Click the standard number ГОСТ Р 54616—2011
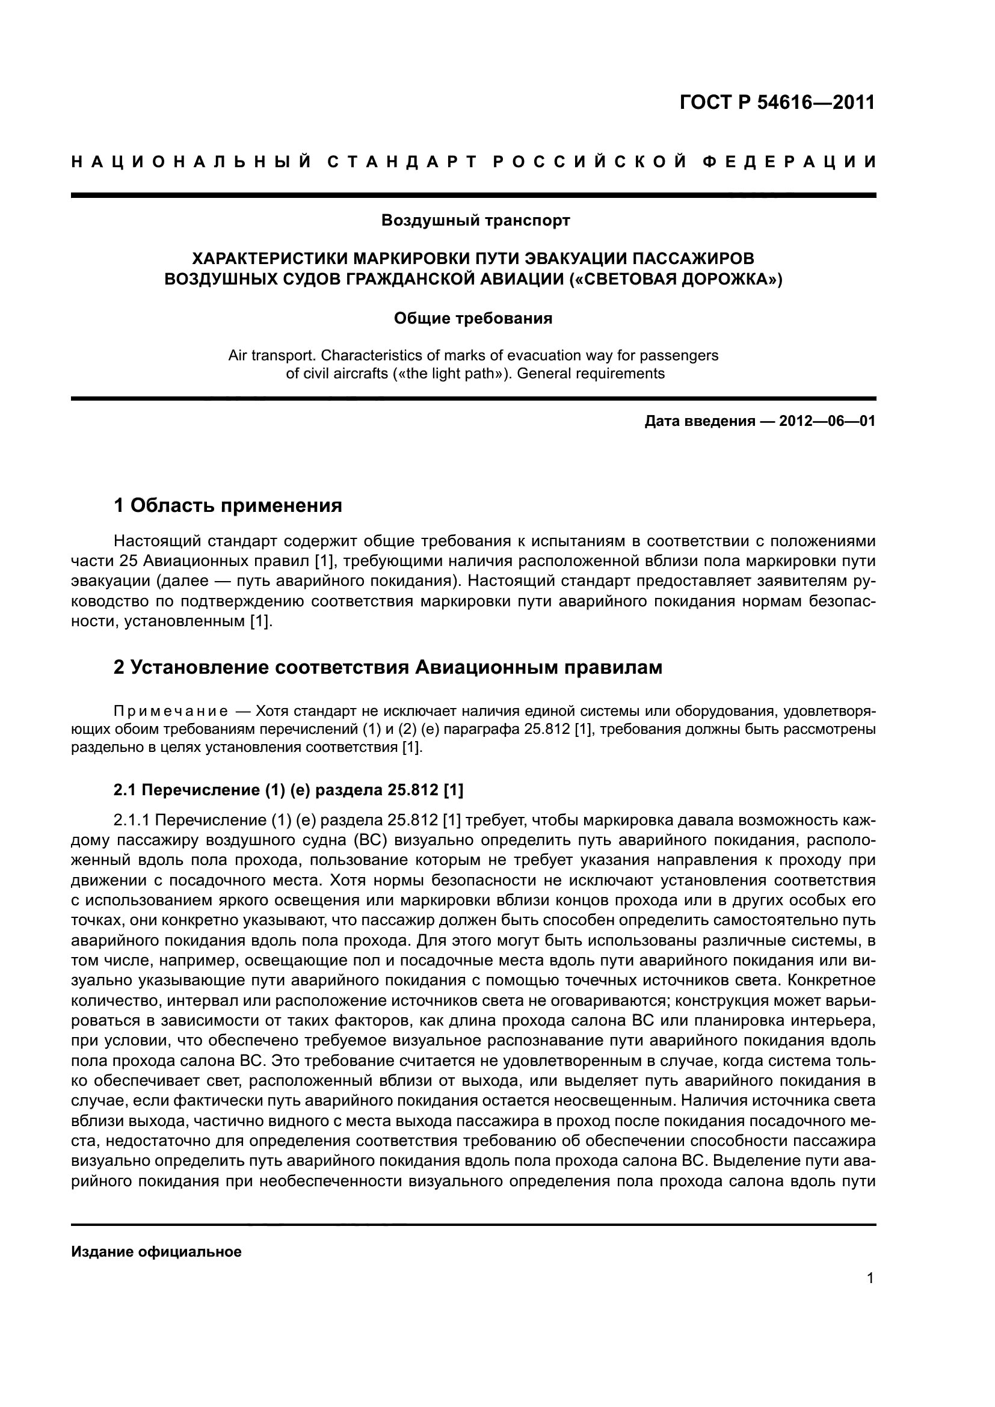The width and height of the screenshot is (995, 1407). (x=776, y=102)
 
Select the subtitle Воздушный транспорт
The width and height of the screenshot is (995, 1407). (x=475, y=221)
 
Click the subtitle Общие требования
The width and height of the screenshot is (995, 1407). (x=473, y=319)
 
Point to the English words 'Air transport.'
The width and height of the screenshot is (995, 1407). (x=273, y=356)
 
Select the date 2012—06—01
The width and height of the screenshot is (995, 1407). (x=827, y=422)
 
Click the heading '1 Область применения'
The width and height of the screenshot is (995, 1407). (x=227, y=505)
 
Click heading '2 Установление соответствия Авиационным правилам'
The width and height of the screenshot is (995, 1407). (x=388, y=667)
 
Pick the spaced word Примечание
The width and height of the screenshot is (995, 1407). (x=171, y=712)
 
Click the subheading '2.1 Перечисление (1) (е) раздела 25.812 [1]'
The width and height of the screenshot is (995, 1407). (x=289, y=790)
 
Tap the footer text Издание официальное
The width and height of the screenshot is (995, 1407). (x=156, y=1252)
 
